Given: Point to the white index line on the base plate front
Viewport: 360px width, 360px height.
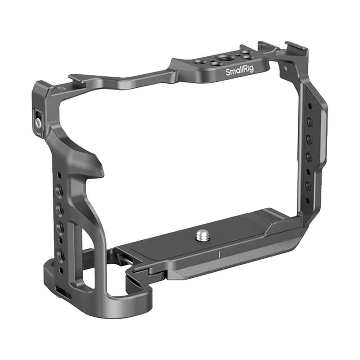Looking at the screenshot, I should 218,254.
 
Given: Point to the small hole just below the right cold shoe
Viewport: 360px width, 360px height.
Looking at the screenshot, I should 284,68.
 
